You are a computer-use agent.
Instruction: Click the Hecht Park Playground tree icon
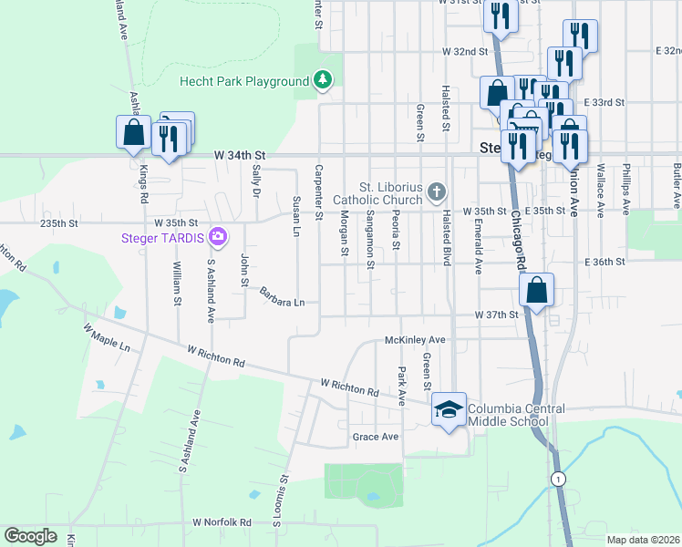pyautogui.click(x=322, y=81)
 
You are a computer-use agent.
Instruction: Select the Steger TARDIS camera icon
pyautogui.click(x=217, y=239)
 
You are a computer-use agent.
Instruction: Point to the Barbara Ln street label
pyautogui.click(x=281, y=297)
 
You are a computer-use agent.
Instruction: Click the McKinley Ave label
pyautogui.click(x=415, y=339)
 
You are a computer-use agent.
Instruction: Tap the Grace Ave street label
pyautogui.click(x=376, y=437)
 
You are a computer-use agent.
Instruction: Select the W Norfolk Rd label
pyautogui.click(x=222, y=522)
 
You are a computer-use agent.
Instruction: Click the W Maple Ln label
pyautogui.click(x=107, y=337)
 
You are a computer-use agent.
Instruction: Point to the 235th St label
pyautogui.click(x=61, y=222)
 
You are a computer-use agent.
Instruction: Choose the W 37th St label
pyautogui.click(x=496, y=315)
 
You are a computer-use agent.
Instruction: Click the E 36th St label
pyautogui.click(x=605, y=261)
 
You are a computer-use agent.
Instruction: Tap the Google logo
pyautogui.click(x=30, y=536)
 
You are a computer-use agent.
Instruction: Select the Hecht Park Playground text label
pyautogui.click(x=244, y=81)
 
